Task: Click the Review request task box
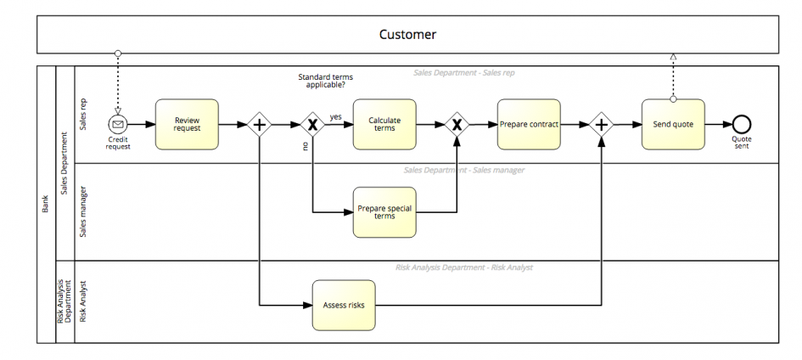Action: [187, 124]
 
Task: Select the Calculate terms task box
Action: [384, 124]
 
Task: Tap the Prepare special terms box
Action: [384, 212]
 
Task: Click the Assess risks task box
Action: [344, 306]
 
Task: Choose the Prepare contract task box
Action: [529, 124]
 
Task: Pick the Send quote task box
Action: [673, 124]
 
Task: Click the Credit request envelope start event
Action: [118, 124]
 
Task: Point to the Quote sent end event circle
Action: [742, 124]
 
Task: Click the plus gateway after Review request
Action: [260, 124]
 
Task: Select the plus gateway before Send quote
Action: [602, 124]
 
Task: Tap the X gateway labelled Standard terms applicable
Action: [312, 124]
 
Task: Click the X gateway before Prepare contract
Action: [457, 124]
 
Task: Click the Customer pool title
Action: [407, 34]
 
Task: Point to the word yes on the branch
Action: [335, 117]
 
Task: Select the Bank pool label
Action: [45, 204]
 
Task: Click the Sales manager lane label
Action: [83, 211]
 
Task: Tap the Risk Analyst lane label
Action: [83, 301]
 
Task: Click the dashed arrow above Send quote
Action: [673, 76]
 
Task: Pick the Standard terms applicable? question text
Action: [325, 81]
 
